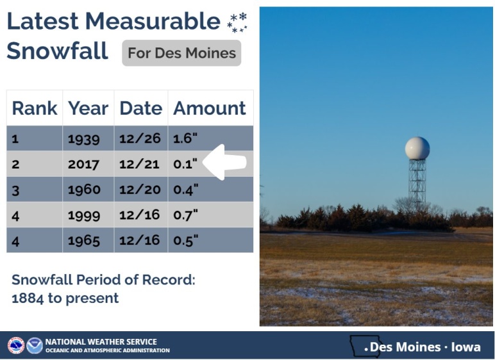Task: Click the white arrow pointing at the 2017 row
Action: click(224, 162)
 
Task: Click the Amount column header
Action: click(209, 108)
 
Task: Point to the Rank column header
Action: click(35, 108)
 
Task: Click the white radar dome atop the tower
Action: click(417, 148)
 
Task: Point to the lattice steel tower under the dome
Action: click(417, 184)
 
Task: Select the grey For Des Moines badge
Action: click(181, 53)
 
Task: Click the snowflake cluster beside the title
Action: click(237, 22)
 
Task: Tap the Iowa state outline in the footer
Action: click(365, 345)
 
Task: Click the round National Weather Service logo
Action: click(16, 345)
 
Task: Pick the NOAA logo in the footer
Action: click(35, 345)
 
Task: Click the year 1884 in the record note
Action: click(28, 298)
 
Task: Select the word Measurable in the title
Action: click(153, 21)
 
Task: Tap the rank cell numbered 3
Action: click(15, 190)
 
